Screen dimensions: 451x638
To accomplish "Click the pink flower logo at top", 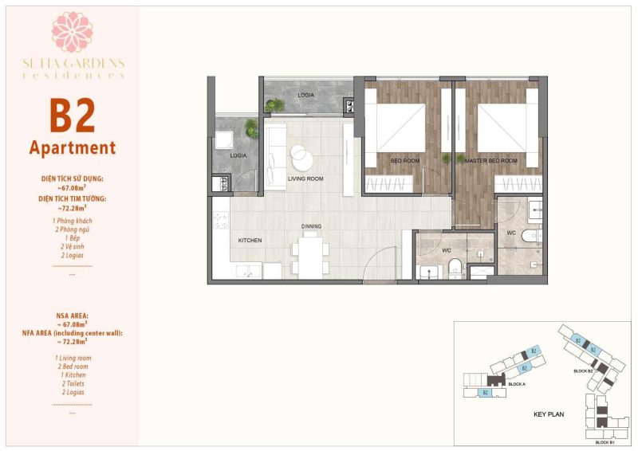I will pyautogui.click(x=73, y=32).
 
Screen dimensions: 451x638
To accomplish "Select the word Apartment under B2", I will pyautogui.click(x=73, y=147).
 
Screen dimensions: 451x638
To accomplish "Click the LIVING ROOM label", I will pyautogui.click(x=305, y=179).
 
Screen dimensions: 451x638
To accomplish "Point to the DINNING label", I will pyautogui.click(x=312, y=226).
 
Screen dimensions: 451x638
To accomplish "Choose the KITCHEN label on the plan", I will pyautogui.click(x=250, y=240).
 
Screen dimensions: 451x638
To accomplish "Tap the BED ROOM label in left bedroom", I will pyautogui.click(x=406, y=161).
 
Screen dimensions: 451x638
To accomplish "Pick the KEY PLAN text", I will pyautogui.click(x=549, y=415).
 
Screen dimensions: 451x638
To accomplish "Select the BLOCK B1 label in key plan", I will pyautogui.click(x=605, y=441).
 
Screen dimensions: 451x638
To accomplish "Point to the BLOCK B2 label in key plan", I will pyautogui.click(x=583, y=371).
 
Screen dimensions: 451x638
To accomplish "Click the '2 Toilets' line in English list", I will pyautogui.click(x=72, y=383).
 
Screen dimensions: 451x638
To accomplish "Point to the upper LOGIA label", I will pyautogui.click(x=305, y=95).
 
